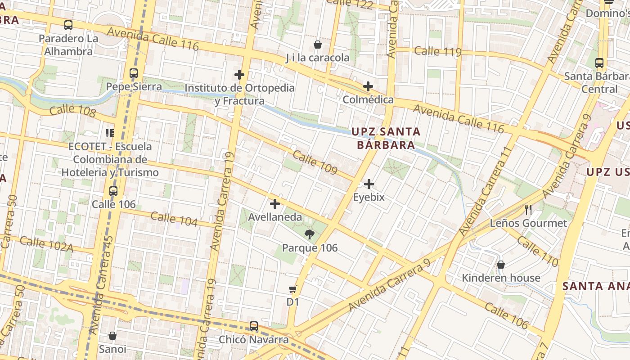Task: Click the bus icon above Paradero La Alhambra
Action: (68, 25)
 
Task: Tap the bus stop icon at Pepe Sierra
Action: (133, 73)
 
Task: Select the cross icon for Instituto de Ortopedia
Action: (239, 75)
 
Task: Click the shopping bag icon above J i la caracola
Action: (318, 45)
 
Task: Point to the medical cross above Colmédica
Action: (368, 86)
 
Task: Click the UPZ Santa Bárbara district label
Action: (386, 138)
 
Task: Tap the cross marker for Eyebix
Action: (369, 184)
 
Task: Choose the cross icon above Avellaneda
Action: (275, 204)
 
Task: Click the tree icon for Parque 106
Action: (309, 234)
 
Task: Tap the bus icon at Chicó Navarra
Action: (254, 326)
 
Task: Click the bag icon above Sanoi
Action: (112, 336)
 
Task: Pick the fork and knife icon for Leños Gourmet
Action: (528, 209)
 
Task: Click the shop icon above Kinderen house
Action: (501, 265)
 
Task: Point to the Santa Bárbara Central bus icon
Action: (599, 63)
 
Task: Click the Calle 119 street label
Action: (438, 51)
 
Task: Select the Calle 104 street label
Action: (174, 219)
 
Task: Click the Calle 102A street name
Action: (47, 243)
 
